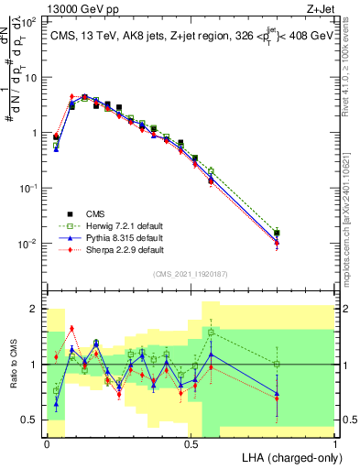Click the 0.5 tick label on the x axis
(191, 442)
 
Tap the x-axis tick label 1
(336, 442)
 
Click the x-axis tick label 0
(48, 442)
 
